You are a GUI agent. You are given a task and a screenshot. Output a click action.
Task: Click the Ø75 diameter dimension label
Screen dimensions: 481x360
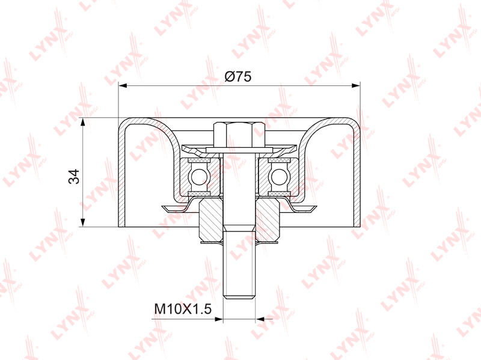[x=237, y=77]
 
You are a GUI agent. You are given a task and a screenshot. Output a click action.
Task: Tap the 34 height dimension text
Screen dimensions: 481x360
[x=74, y=176]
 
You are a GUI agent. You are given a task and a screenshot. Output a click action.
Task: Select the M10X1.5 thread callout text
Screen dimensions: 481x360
[x=183, y=309]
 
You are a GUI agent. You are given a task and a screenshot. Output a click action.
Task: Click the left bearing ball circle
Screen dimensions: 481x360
[x=199, y=177]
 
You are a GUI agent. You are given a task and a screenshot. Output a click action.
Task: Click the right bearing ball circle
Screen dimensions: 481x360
[x=279, y=177]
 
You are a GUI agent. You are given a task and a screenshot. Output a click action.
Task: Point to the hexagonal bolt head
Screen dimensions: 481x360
[x=239, y=134]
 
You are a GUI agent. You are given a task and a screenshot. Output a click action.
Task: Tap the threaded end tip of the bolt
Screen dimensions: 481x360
[x=239, y=296]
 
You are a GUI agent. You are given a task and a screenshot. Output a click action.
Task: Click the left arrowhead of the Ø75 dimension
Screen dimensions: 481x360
[x=123, y=85]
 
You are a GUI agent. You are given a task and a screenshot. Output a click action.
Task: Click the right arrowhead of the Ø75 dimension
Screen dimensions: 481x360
[x=356, y=85]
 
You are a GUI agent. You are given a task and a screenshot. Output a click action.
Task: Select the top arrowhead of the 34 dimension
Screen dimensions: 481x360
[x=82, y=122]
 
